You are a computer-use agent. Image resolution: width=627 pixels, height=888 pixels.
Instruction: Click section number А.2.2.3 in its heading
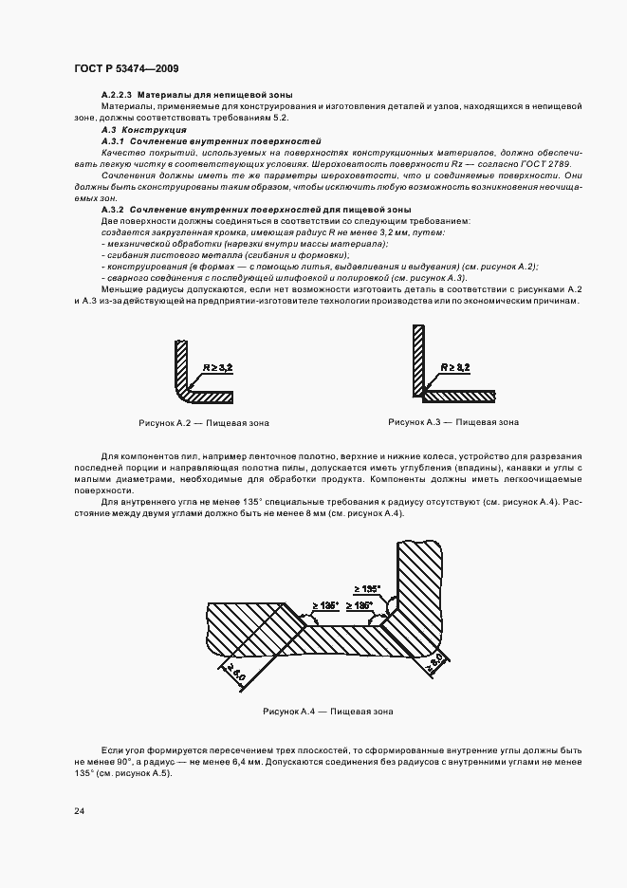click(x=119, y=97)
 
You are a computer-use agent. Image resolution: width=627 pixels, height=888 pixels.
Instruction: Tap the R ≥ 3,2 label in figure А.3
click(x=455, y=365)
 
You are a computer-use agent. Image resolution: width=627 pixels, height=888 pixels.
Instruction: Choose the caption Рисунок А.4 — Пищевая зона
click(x=327, y=711)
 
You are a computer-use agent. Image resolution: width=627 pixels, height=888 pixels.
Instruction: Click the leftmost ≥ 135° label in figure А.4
click(x=325, y=604)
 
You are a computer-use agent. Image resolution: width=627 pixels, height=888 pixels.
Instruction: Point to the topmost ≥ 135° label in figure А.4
click(x=367, y=588)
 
